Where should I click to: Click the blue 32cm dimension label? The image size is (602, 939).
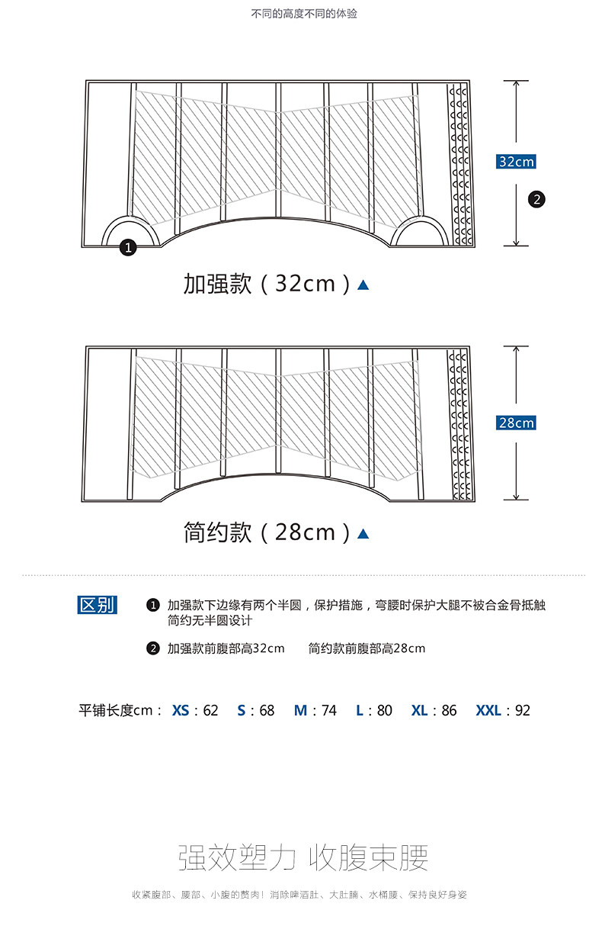[x=516, y=162]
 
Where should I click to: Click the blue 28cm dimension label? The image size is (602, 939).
[x=516, y=423]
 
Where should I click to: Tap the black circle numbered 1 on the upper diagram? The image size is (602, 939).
[x=128, y=247]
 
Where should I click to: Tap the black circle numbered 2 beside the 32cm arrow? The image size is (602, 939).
[x=537, y=199]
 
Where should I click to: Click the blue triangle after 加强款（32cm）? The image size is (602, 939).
[x=363, y=285]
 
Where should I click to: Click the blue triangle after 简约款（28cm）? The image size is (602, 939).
[x=363, y=533]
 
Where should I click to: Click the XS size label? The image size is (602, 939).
[x=181, y=710]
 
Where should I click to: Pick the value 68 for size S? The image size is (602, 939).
[x=266, y=710]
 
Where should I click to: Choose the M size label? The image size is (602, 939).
[x=300, y=710]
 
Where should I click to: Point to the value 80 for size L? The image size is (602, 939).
[x=384, y=710]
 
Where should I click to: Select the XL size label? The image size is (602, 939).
[x=419, y=710]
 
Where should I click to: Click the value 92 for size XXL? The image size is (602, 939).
[x=522, y=710]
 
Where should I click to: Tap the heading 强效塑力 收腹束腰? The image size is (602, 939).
[x=303, y=858]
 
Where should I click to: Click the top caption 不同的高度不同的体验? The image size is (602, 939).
[x=304, y=14]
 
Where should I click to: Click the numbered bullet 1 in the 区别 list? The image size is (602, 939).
[x=152, y=606]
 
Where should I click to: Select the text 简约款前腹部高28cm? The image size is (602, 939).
[x=367, y=648]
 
